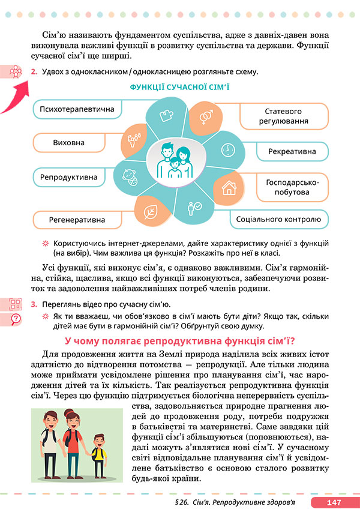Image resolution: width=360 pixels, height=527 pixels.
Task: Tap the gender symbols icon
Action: pos(205,115)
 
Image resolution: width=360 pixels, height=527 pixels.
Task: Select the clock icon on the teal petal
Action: pos(227,149)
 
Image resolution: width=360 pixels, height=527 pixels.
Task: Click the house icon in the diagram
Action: pos(229,188)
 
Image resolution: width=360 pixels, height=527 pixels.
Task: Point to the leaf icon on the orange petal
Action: pos(151,211)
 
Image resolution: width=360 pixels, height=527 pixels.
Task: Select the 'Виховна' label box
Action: pos(68,143)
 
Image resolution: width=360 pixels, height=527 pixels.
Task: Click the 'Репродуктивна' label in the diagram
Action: pos(68,178)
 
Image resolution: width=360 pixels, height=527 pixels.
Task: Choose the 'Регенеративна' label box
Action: pos(77,220)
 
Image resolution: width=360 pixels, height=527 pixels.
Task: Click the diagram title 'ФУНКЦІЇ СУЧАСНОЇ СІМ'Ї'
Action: pos(179,87)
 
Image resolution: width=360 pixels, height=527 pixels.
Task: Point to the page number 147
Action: pos(334,502)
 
